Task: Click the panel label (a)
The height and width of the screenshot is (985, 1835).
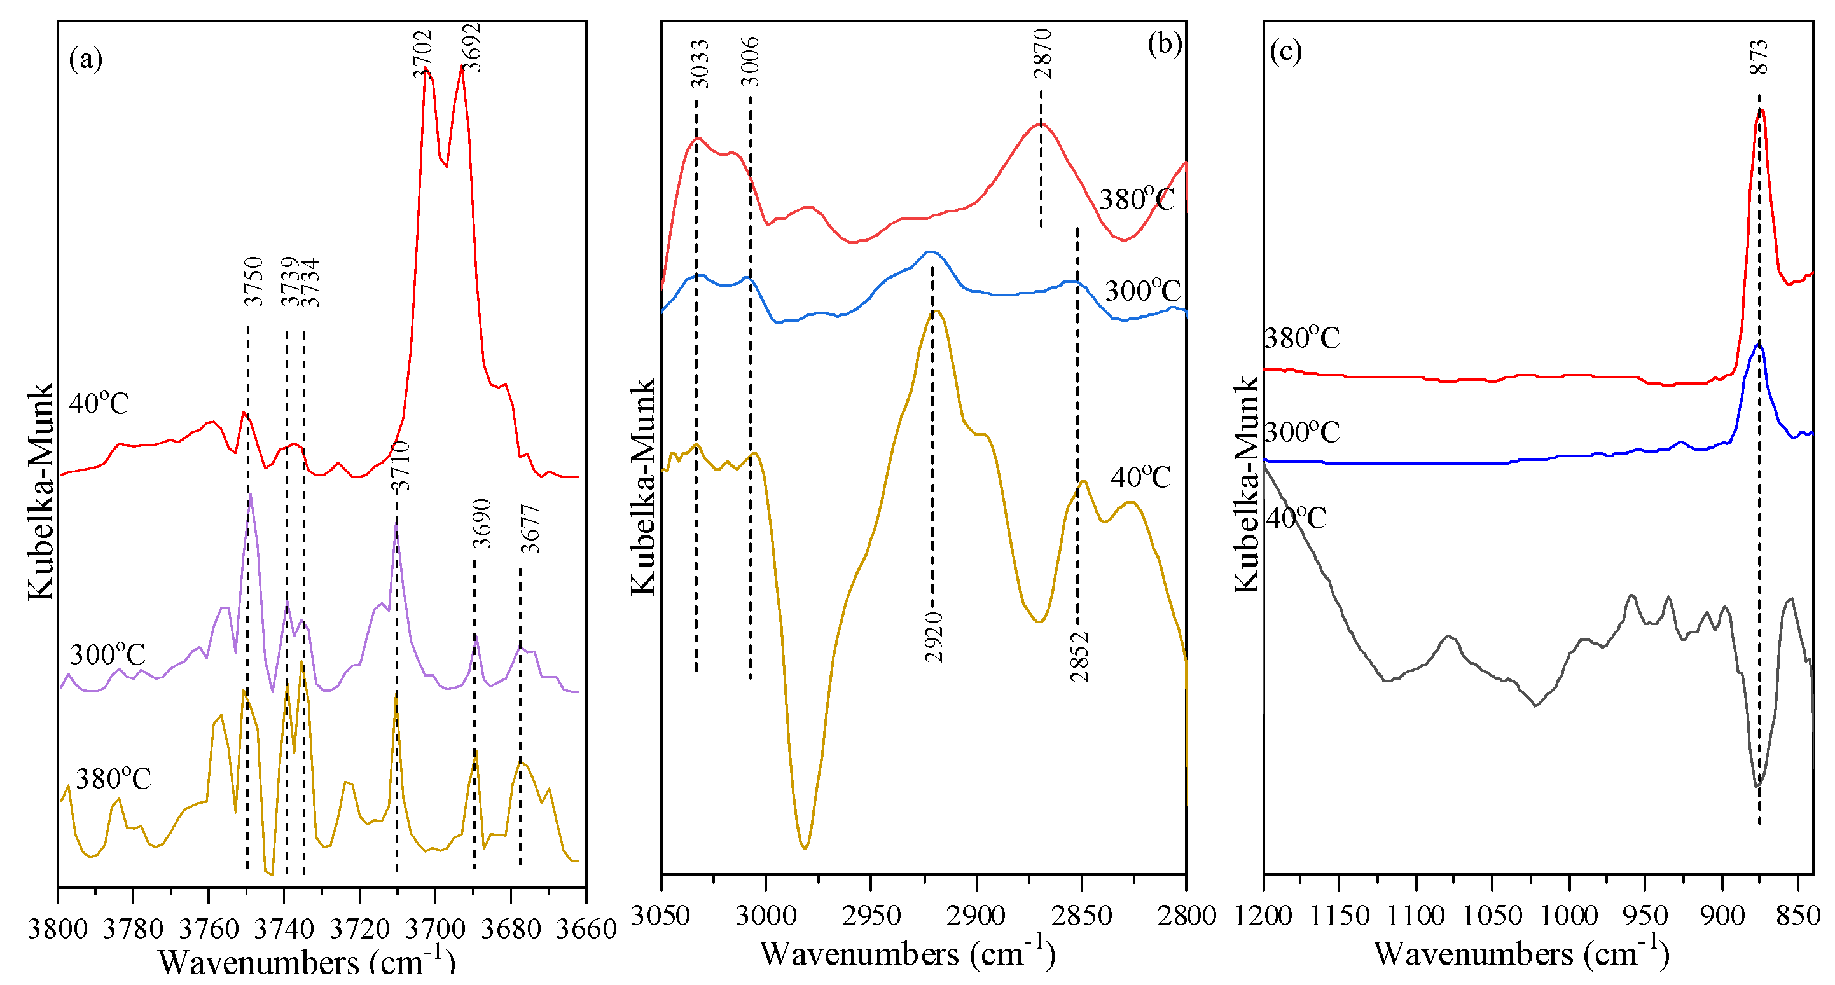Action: pyautogui.click(x=85, y=59)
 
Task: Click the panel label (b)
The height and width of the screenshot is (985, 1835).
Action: pyautogui.click(x=1164, y=44)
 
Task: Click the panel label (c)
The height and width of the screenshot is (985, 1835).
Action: pyautogui.click(x=1286, y=52)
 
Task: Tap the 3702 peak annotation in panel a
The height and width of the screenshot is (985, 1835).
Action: pyautogui.click(x=422, y=54)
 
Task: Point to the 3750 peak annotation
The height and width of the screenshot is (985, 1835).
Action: pyautogui.click(x=254, y=281)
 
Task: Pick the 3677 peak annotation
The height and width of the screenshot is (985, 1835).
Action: pyautogui.click(x=530, y=528)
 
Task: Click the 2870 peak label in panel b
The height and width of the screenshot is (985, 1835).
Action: pyautogui.click(x=1041, y=53)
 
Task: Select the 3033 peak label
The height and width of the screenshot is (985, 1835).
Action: pyautogui.click(x=700, y=64)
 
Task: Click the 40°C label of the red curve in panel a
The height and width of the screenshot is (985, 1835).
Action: pyautogui.click(x=99, y=404)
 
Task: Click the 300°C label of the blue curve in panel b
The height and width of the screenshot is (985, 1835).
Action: pyautogui.click(x=1142, y=291)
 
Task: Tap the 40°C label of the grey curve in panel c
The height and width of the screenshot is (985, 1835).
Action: pyautogui.click(x=1296, y=518)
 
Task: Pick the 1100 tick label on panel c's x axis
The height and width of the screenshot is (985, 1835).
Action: pyautogui.click(x=1415, y=915)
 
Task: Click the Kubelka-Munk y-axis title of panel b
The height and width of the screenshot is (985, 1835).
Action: pyautogui.click(x=642, y=486)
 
